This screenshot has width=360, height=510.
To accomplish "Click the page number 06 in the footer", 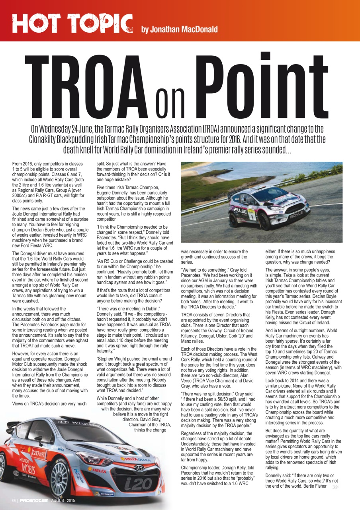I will tap(14, 500).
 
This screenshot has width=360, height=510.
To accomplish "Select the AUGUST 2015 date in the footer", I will tap(66, 500).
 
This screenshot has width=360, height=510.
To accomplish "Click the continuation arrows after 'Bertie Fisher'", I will tap(335, 486).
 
